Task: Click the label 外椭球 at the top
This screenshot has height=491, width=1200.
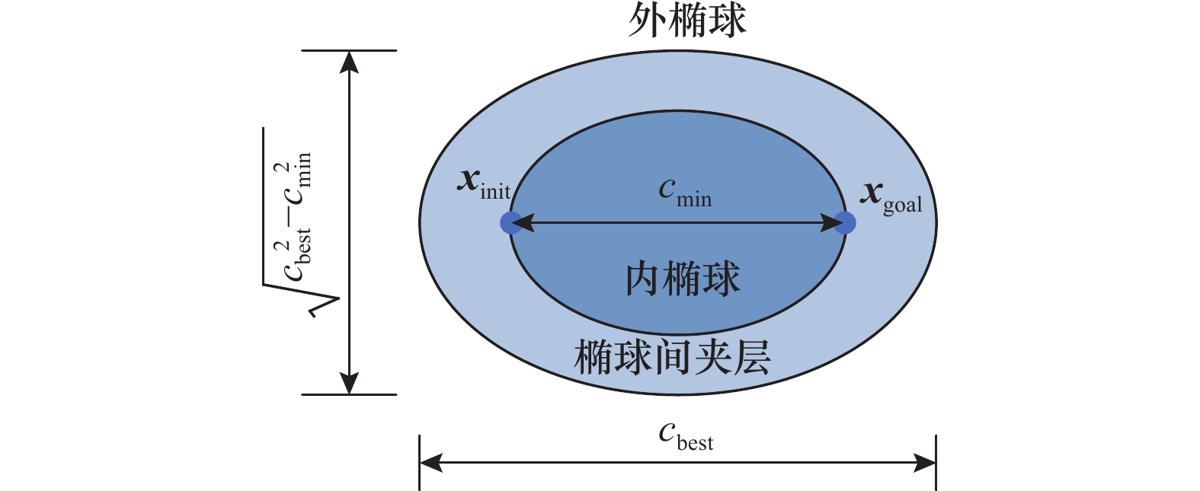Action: (x=686, y=21)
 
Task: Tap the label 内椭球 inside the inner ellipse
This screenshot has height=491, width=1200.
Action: (x=683, y=279)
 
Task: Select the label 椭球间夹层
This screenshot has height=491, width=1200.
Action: (x=672, y=357)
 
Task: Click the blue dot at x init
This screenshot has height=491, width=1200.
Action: (x=510, y=222)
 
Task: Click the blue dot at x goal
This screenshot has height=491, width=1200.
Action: (x=845, y=222)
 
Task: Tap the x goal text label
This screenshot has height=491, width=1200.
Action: (x=891, y=198)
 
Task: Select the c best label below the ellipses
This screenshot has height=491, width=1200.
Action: (x=686, y=437)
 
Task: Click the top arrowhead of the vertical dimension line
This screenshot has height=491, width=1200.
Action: (x=349, y=61)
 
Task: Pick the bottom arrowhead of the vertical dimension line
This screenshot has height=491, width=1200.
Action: (x=349, y=384)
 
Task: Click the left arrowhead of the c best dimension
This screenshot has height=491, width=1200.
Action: (x=430, y=462)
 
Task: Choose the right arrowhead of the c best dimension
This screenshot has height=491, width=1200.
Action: (x=925, y=462)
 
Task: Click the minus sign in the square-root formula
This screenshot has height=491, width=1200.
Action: (x=293, y=218)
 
